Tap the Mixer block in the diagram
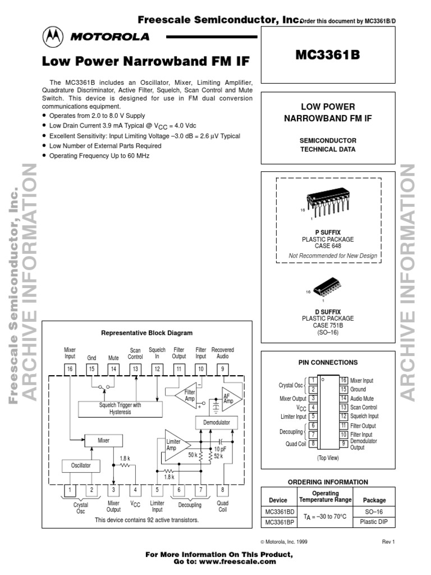tap(104, 441)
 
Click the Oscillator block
tap(80, 466)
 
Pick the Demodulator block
tap(216, 422)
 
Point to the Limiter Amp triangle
tap(175, 445)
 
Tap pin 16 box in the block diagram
tap(70, 368)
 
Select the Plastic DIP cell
tap(370, 522)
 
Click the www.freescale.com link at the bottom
tap(245, 562)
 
